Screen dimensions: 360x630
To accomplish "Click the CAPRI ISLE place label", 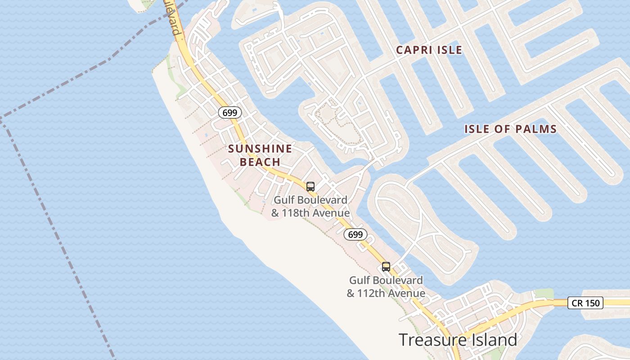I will click(429, 50).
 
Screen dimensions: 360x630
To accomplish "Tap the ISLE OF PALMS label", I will click(510, 129).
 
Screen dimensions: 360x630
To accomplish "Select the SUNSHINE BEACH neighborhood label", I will click(260, 155).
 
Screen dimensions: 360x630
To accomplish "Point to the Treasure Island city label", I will click(458, 340).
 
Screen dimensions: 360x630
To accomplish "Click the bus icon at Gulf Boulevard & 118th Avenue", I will click(310, 187).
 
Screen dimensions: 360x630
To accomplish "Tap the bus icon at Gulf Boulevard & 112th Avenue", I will click(386, 266).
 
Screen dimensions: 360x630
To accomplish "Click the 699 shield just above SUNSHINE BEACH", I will click(230, 112).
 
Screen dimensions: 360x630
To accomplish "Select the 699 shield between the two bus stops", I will click(355, 234).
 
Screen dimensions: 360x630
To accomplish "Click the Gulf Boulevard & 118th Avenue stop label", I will click(310, 206).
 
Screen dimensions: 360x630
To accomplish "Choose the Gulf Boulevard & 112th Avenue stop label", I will click(386, 287).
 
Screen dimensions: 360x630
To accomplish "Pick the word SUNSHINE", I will click(260, 148).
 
